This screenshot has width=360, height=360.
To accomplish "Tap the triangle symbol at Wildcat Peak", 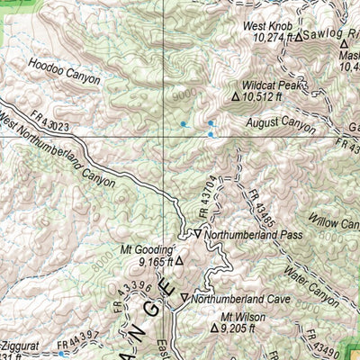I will pyautogui.click(x=237, y=95).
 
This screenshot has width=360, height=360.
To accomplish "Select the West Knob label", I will pyautogui.click(x=267, y=26).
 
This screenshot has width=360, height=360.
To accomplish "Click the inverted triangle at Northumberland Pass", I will pyautogui.click(x=197, y=233).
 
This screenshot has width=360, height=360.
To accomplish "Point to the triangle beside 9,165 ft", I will pyautogui.click(x=179, y=261).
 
